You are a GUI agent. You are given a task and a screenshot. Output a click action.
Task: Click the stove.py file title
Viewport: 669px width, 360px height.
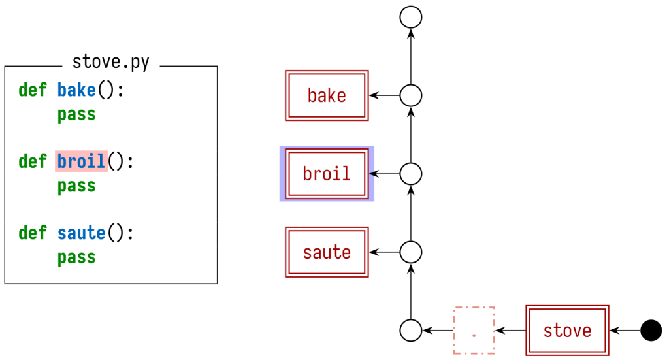(110, 63)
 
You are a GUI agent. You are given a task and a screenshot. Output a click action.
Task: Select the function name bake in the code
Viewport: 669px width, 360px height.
(76, 90)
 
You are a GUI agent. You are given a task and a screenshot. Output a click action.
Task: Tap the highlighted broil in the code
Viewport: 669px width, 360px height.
(81, 161)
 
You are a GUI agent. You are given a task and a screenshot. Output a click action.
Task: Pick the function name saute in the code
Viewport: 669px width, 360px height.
(81, 233)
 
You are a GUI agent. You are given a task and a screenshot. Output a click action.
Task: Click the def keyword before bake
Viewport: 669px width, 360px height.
(32, 90)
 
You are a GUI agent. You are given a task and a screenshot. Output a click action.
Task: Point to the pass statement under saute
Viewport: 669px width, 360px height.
(76, 257)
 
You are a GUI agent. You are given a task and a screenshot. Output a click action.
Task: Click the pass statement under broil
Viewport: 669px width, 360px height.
(76, 186)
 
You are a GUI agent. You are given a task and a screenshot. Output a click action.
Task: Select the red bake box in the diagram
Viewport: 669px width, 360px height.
(327, 95)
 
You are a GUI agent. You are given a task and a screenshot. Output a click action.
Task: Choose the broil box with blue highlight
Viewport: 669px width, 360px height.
(327, 174)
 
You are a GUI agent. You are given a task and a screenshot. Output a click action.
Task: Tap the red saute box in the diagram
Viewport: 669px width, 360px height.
(327, 252)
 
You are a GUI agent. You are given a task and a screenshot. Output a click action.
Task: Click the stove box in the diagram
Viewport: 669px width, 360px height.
(567, 331)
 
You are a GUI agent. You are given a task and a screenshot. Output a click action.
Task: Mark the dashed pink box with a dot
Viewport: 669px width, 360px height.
(474, 331)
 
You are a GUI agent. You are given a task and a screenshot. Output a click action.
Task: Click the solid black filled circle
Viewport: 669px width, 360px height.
(651, 331)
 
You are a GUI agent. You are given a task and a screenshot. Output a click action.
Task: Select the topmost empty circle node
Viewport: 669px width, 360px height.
(411, 18)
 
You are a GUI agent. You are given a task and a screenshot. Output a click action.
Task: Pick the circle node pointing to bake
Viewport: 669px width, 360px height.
(411, 95)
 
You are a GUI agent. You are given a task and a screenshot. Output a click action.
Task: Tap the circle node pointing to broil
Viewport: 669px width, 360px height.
(411, 174)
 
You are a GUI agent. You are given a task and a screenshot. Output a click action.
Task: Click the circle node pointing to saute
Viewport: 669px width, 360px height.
(411, 252)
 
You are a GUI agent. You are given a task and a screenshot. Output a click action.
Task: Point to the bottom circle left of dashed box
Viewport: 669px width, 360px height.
(411, 331)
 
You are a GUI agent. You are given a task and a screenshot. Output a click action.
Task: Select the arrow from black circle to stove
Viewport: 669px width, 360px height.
(625, 331)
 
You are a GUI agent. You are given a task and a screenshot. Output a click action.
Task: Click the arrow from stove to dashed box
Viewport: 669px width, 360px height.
(511, 331)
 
